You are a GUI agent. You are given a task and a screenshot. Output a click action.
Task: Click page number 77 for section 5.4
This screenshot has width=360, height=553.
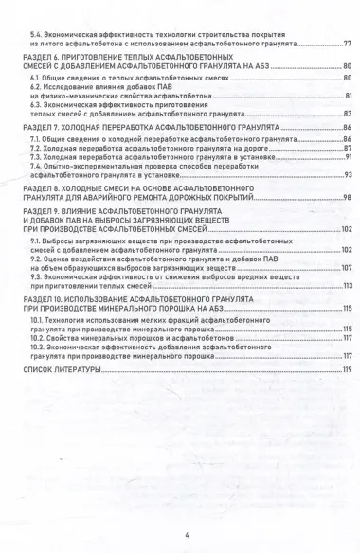(347, 44)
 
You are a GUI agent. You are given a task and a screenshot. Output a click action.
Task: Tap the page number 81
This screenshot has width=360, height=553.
(348, 96)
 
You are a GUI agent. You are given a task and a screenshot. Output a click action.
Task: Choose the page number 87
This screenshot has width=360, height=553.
(348, 149)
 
